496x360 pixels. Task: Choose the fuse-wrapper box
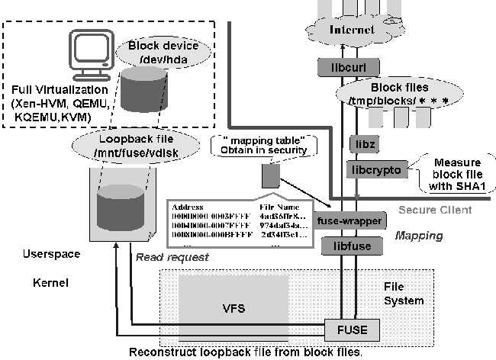[349, 220]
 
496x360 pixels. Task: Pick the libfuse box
[348, 246]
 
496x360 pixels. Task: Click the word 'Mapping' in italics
[419, 236]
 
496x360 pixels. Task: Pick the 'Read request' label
[172, 257]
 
